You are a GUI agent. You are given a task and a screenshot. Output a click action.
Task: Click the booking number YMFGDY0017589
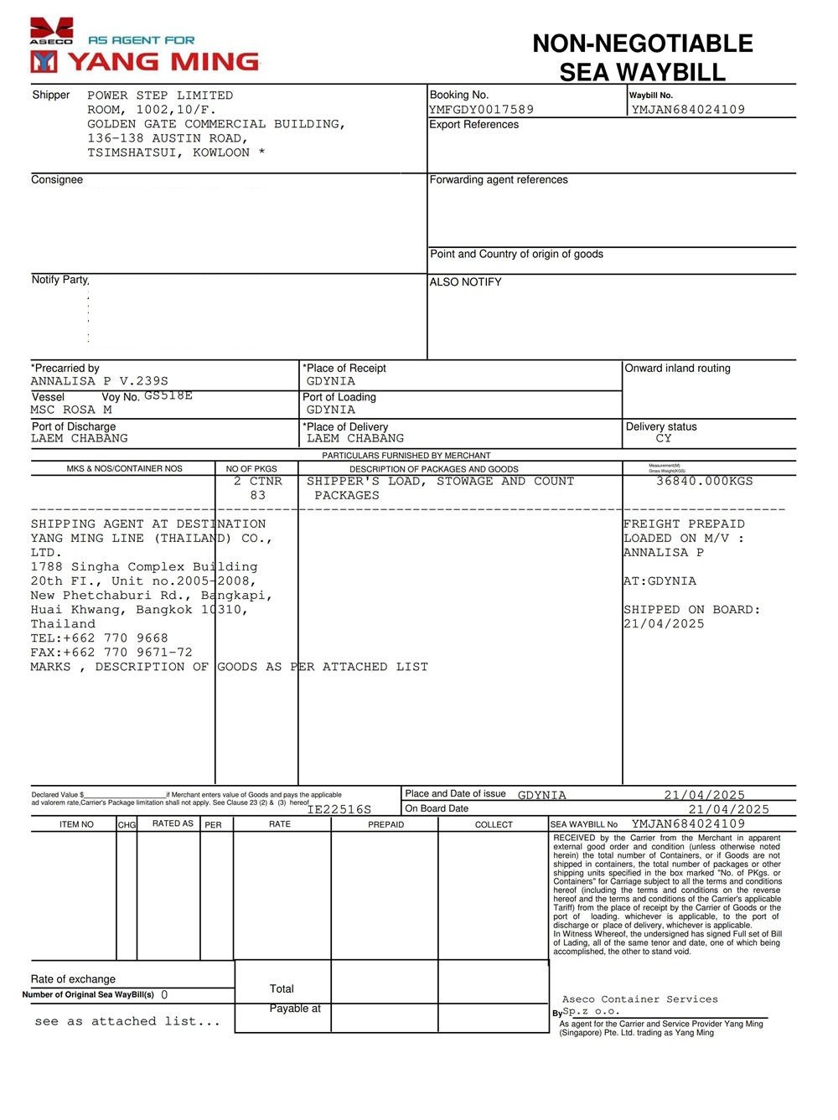tap(481, 110)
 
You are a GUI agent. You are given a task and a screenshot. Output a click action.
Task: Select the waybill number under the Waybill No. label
tap(688, 110)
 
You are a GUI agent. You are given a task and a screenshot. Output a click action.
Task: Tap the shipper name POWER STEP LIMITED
tap(160, 95)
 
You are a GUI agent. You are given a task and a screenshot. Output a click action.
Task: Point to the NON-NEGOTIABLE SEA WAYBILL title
tap(642, 57)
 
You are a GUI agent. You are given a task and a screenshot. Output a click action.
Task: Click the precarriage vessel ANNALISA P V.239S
tap(99, 381)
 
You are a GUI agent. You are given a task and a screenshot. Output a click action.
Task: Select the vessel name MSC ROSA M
tap(71, 410)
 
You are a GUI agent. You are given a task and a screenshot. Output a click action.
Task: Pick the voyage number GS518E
tap(168, 395)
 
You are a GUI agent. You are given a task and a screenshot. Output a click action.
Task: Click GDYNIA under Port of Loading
tap(330, 410)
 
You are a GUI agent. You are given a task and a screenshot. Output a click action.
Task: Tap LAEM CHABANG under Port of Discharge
tap(79, 438)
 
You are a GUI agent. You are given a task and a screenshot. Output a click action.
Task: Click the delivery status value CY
tap(664, 438)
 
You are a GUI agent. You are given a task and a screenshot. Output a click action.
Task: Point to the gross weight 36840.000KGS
tap(704, 481)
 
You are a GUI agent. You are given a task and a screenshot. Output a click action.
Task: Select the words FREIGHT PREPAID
tap(684, 524)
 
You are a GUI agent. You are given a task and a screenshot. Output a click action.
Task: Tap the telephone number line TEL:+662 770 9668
tap(99, 638)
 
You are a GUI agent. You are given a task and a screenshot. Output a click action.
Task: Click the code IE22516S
tap(339, 809)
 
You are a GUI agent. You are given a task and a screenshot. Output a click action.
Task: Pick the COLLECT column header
tap(494, 824)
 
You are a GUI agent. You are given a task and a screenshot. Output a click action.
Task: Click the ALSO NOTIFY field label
tap(465, 282)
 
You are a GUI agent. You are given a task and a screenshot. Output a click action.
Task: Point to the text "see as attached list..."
tap(127, 1021)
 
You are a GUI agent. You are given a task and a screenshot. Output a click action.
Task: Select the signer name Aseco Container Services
tap(639, 999)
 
